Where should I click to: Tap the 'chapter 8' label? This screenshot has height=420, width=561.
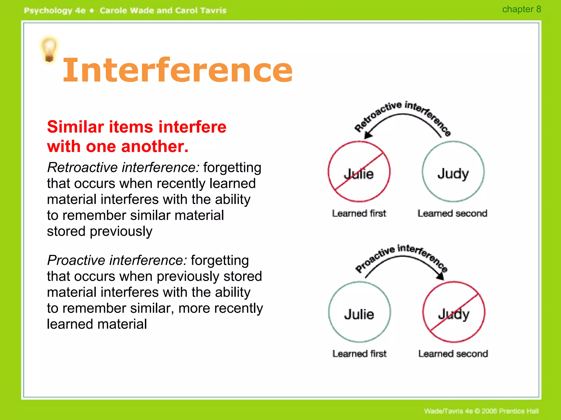click(x=521, y=9)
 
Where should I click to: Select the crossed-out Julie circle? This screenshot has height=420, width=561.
click(x=359, y=172)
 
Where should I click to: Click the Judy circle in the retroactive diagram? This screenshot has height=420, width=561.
click(x=453, y=172)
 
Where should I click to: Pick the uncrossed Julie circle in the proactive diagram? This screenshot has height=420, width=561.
click(x=359, y=312)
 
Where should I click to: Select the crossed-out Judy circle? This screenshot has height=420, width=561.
click(x=454, y=312)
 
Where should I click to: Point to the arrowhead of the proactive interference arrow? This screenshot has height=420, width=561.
click(x=440, y=276)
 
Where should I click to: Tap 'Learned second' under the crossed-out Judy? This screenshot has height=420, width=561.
click(x=453, y=354)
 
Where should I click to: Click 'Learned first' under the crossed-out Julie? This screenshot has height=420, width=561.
click(x=359, y=214)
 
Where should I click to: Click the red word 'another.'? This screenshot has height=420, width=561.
click(x=155, y=147)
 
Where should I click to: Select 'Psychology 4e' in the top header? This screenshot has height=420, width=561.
click(x=55, y=11)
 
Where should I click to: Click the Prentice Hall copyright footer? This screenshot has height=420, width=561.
click(x=481, y=411)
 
